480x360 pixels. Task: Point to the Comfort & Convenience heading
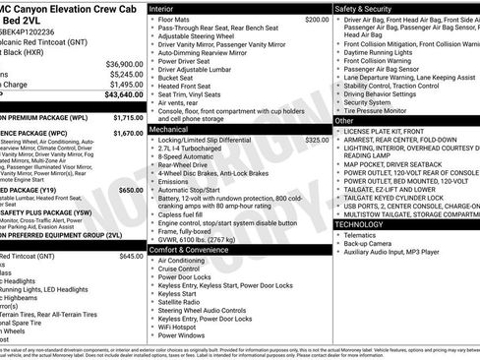(190, 250)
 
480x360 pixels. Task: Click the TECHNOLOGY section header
(367, 224)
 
